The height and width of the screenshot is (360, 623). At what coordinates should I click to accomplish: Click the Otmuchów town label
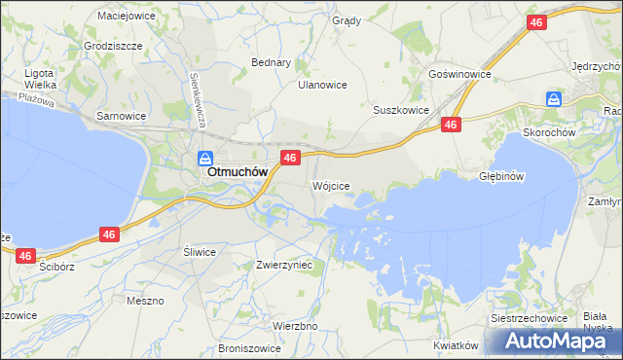coord(238,172)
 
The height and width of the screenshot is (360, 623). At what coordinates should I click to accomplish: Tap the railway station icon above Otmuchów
coord(206,157)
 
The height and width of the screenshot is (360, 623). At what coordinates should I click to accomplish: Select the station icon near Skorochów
coord(553,99)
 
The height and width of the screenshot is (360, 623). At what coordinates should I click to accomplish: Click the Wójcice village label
coord(330,185)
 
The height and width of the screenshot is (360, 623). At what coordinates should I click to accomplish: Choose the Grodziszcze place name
coord(114,46)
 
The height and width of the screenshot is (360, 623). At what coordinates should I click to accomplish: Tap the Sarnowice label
coord(121,115)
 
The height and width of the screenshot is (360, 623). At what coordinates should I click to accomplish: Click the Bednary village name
coord(272,62)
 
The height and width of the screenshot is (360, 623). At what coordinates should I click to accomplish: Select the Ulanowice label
coord(322,85)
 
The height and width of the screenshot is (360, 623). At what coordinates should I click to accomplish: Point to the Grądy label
coord(347,20)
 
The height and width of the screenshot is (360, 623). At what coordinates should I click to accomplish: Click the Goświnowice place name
coord(459,74)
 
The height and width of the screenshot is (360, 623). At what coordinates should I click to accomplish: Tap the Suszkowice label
coord(401,110)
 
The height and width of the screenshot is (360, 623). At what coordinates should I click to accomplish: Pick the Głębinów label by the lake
coord(502,177)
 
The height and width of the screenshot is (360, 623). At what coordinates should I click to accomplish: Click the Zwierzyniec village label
coord(283,264)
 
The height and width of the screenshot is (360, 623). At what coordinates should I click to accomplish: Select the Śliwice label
coord(200,251)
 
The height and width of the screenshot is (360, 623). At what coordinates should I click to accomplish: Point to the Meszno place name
coord(145,301)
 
